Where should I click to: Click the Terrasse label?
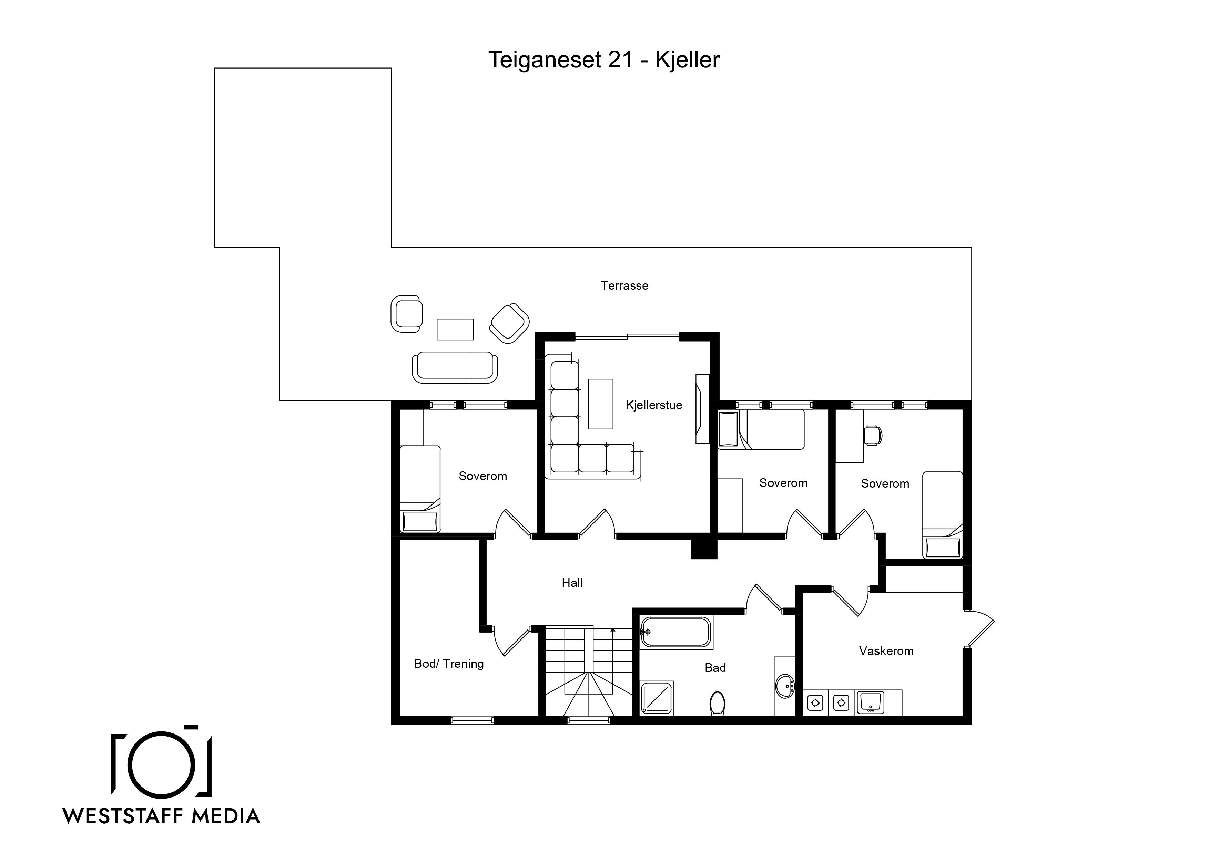[624, 286]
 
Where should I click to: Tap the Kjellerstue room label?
[654, 405]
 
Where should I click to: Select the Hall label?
[572, 583]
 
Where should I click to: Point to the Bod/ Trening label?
[449, 664]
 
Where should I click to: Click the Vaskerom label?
[886, 651]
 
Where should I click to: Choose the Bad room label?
[715, 668]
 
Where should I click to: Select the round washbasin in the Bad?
[785, 686]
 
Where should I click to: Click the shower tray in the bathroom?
[657, 698]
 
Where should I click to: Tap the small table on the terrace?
[455, 330]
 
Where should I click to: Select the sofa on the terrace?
[455, 368]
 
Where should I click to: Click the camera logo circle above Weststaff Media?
[161, 763]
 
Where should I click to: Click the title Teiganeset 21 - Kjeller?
[603, 60]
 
